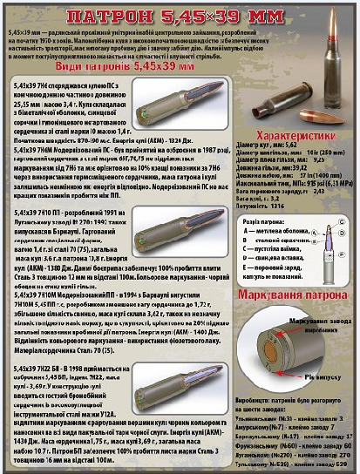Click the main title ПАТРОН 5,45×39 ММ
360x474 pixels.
[x=180, y=17]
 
